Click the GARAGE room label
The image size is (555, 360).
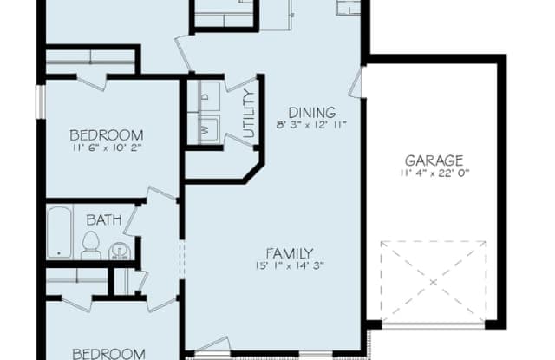(434, 160)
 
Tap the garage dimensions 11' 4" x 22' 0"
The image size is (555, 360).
(434, 173)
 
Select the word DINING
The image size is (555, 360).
(312, 111)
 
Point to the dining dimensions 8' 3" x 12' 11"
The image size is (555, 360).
(312, 125)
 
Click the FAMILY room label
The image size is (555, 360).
(289, 252)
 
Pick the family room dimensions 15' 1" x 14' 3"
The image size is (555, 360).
(289, 266)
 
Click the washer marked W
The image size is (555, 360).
(206, 129)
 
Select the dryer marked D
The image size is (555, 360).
(206, 96)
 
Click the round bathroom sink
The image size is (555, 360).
(121, 251)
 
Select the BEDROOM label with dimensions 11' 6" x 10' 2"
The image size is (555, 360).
(106, 134)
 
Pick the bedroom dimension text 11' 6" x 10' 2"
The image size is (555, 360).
(106, 147)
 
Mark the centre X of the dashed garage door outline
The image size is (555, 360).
(434, 282)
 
